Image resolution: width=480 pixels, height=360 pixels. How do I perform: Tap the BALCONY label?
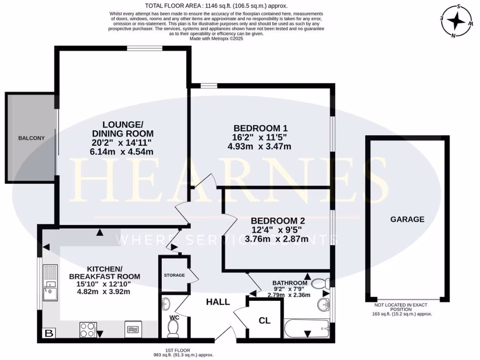31,138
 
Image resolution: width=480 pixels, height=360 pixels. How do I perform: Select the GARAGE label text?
407,219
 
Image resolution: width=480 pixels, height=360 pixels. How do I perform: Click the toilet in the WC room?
172,330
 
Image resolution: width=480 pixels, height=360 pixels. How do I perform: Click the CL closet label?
264,321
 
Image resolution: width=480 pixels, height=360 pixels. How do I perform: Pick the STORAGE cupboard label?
174,275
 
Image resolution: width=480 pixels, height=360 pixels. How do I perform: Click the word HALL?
218,302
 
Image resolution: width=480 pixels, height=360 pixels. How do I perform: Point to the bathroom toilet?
320,283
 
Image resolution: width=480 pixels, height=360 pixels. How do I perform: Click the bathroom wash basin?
323,305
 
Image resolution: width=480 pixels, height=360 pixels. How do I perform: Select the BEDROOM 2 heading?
274,221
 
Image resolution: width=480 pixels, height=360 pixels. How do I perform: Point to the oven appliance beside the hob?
132,329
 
